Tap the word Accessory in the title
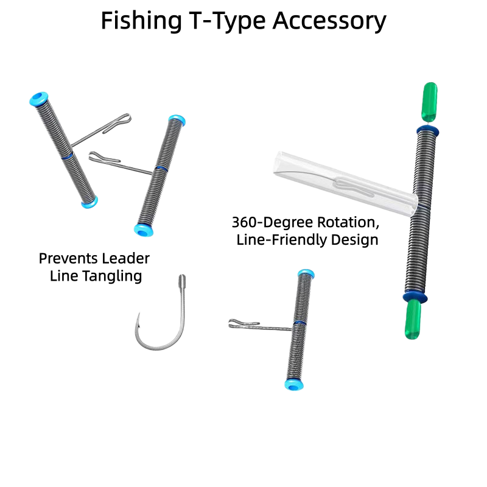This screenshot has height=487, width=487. click(x=329, y=21)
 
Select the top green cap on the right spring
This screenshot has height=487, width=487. click(x=428, y=101)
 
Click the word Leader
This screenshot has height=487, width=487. click(x=126, y=258)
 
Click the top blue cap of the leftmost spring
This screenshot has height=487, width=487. click(x=40, y=99)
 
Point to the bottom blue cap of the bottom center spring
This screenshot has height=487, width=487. click(x=292, y=384)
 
